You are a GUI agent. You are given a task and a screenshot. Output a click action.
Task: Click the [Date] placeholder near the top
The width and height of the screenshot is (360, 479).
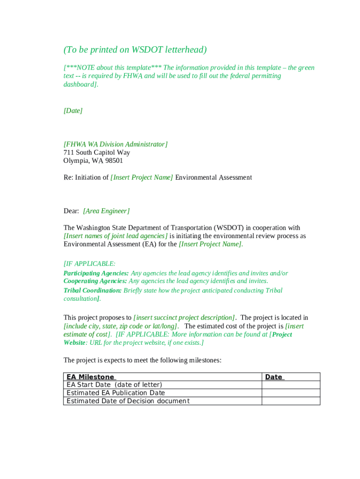[x=73, y=111]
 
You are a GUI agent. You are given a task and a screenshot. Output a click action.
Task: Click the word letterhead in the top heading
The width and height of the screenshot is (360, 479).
[x=182, y=50]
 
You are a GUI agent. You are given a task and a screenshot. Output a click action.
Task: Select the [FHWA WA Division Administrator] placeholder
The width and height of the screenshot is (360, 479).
[x=115, y=144]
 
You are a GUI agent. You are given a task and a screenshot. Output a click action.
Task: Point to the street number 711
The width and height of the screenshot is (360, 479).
[x=68, y=152]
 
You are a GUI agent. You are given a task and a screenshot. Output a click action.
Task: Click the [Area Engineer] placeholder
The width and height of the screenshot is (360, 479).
[x=106, y=211]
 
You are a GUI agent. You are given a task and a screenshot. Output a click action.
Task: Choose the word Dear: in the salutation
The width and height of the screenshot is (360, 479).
[x=71, y=211]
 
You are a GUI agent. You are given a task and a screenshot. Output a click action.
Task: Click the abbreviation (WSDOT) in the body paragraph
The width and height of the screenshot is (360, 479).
[x=227, y=228]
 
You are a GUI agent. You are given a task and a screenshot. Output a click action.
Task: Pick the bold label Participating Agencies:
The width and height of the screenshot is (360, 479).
[x=96, y=273]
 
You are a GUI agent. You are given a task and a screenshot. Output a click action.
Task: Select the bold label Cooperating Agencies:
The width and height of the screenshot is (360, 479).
[x=95, y=281]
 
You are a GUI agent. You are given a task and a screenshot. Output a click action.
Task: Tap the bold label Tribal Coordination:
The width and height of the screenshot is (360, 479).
[x=92, y=290]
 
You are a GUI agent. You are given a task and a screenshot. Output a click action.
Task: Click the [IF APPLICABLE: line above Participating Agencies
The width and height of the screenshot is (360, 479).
[x=89, y=264]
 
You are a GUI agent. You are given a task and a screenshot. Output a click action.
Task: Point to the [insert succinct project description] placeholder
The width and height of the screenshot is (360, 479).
[x=185, y=318]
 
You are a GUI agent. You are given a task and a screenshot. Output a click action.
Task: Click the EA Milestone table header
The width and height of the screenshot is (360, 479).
[x=90, y=377]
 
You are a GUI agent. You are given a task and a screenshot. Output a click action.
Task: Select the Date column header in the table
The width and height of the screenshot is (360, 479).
[x=274, y=377]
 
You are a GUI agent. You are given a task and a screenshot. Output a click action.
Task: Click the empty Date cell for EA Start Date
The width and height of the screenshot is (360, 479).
[x=290, y=385]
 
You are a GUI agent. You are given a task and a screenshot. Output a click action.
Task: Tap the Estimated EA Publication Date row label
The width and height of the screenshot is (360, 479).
[x=115, y=393]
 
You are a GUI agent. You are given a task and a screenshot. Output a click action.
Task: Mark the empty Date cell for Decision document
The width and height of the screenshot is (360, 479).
[x=290, y=401]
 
